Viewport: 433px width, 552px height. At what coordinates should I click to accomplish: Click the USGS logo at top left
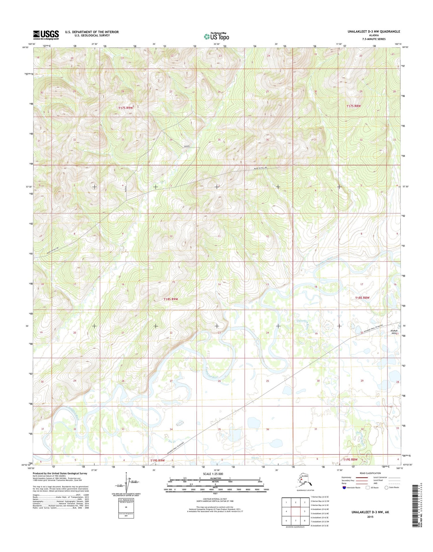click(x=46, y=35)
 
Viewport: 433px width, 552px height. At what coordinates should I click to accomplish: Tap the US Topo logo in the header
click(x=216, y=36)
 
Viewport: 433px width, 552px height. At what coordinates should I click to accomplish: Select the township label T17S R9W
click(x=126, y=108)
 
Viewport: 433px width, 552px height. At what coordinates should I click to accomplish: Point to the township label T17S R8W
click(x=354, y=106)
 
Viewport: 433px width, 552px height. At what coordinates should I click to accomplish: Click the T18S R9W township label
click(x=171, y=299)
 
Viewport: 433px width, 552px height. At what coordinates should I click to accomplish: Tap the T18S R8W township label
click(x=362, y=297)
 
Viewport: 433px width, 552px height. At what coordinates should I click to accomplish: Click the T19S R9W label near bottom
click(x=157, y=460)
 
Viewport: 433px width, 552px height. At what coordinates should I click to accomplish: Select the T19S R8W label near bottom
click(x=350, y=459)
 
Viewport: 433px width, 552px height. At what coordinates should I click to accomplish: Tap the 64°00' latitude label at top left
click(x=25, y=47)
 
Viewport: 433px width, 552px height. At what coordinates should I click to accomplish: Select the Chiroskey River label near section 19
click(x=307, y=325)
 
